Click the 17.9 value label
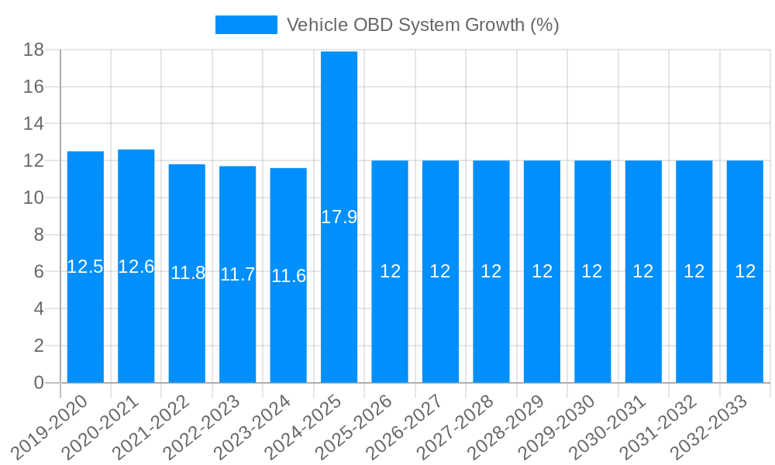[339, 217]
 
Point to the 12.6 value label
[136, 267]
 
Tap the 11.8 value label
[188, 273]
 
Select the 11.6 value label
[288, 276]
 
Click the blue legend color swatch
[246, 25]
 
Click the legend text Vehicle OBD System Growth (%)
[422, 25]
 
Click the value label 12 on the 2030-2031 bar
[643, 271]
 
